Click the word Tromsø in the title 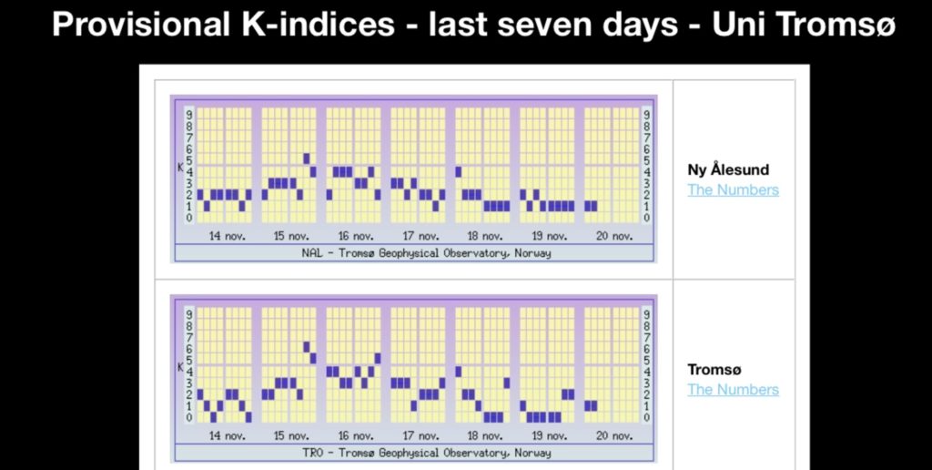point(835,25)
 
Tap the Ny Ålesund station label point(728,169)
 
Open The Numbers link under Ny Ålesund point(733,189)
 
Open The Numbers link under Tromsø point(733,389)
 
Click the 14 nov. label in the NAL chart point(227,236)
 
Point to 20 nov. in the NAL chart point(614,236)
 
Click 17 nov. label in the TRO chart point(420,435)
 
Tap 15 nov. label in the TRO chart point(291,435)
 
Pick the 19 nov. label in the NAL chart point(550,236)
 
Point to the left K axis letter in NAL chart point(180,167)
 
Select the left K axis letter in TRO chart point(180,366)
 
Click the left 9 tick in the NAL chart point(188,115)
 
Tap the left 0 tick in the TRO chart point(188,417)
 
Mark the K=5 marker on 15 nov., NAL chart point(307,159)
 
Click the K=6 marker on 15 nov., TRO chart point(307,347)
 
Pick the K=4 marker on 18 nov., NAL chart point(459,170)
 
